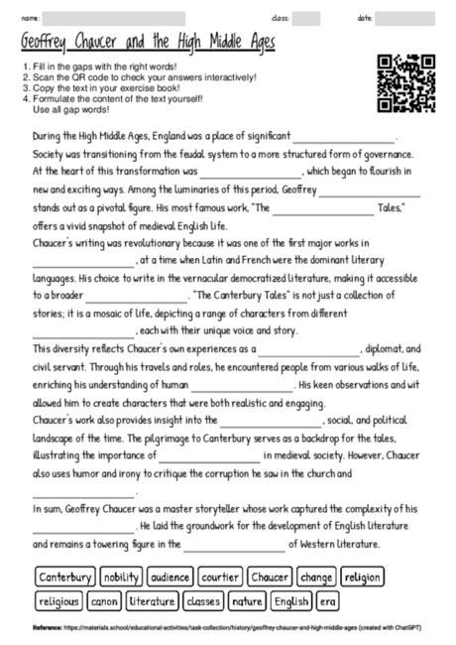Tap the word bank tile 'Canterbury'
66,578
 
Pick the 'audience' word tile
171,578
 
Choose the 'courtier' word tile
219,578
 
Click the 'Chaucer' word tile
270,578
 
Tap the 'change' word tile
316,578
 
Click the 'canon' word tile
105,600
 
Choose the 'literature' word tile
152,600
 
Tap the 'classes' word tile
203,600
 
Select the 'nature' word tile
247,600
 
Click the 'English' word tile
291,600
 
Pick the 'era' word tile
327,600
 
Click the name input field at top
114,19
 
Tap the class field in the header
306,19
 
